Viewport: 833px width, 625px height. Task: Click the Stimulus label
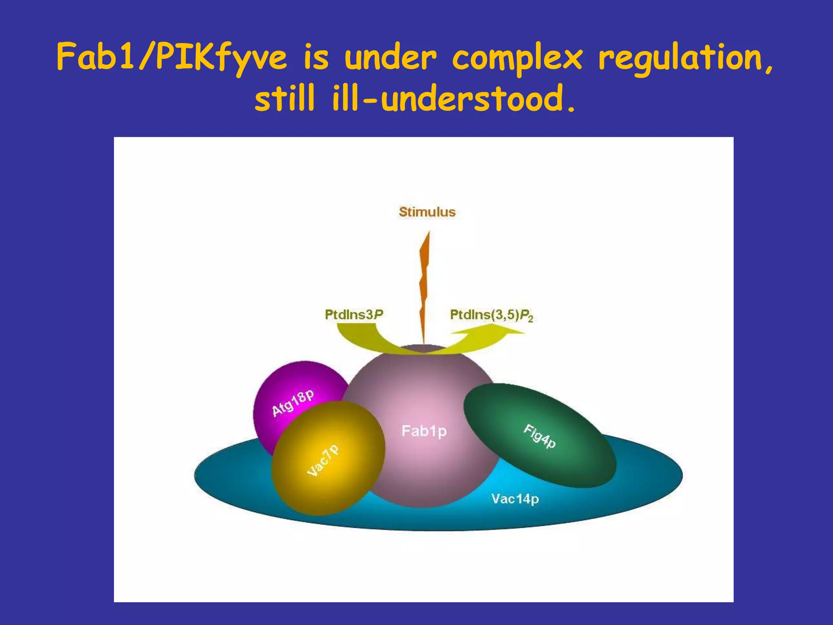427,212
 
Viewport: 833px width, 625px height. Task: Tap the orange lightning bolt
424,285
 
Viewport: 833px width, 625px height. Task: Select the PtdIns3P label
354,315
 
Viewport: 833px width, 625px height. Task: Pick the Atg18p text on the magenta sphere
293,403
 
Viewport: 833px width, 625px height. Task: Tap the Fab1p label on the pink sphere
424,431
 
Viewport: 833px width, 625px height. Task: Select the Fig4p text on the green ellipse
539,436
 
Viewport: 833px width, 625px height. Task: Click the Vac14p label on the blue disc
515,499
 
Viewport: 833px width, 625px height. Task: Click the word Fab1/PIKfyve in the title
171,58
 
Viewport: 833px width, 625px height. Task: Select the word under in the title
390,58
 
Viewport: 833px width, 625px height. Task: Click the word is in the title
316,58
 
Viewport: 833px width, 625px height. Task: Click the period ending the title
571,109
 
